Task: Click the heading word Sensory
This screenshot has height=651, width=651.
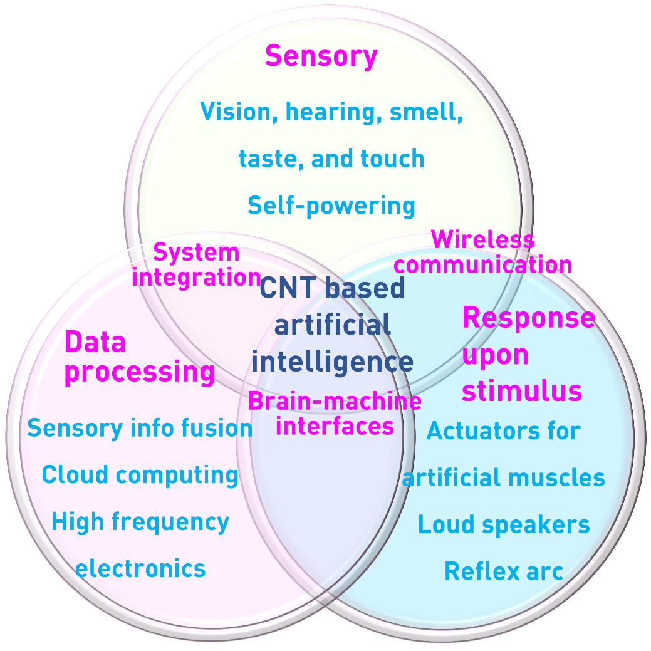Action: coord(321,56)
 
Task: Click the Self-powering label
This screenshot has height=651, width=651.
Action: coord(331,206)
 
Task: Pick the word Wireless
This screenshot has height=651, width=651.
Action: coord(482,239)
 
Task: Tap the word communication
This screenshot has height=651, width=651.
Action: coord(482,264)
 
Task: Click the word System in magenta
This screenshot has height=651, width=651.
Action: coord(196,253)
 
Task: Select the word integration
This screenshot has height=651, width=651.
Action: coord(196,277)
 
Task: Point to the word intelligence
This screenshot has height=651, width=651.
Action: coord(332,362)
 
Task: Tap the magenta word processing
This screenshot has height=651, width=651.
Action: coord(140,373)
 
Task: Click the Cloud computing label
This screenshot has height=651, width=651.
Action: coord(140,475)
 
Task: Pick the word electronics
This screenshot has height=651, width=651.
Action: coord(140,569)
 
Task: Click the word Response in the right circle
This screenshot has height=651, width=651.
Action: coord(528,318)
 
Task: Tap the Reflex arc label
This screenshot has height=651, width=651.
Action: coord(504,571)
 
